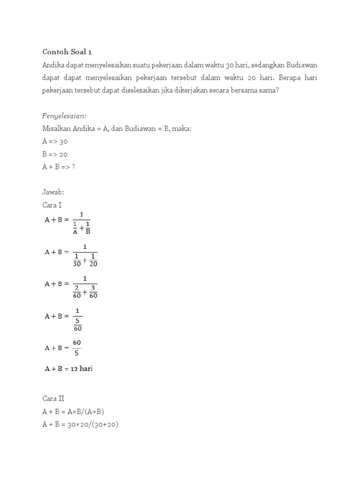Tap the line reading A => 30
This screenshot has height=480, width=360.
pyautogui.click(x=55, y=141)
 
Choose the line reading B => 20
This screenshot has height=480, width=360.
pyautogui.click(x=55, y=154)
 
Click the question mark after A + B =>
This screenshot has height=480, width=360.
pyautogui.click(x=73, y=166)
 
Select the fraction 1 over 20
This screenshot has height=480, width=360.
pyautogui.click(x=93, y=259)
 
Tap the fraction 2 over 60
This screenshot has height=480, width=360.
pyautogui.click(x=77, y=292)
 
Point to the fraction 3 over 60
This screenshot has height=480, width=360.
pyautogui.click(x=93, y=292)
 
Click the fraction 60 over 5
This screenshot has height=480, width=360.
pyautogui.click(x=76, y=348)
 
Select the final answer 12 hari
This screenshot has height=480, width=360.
pyautogui.click(x=82, y=369)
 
